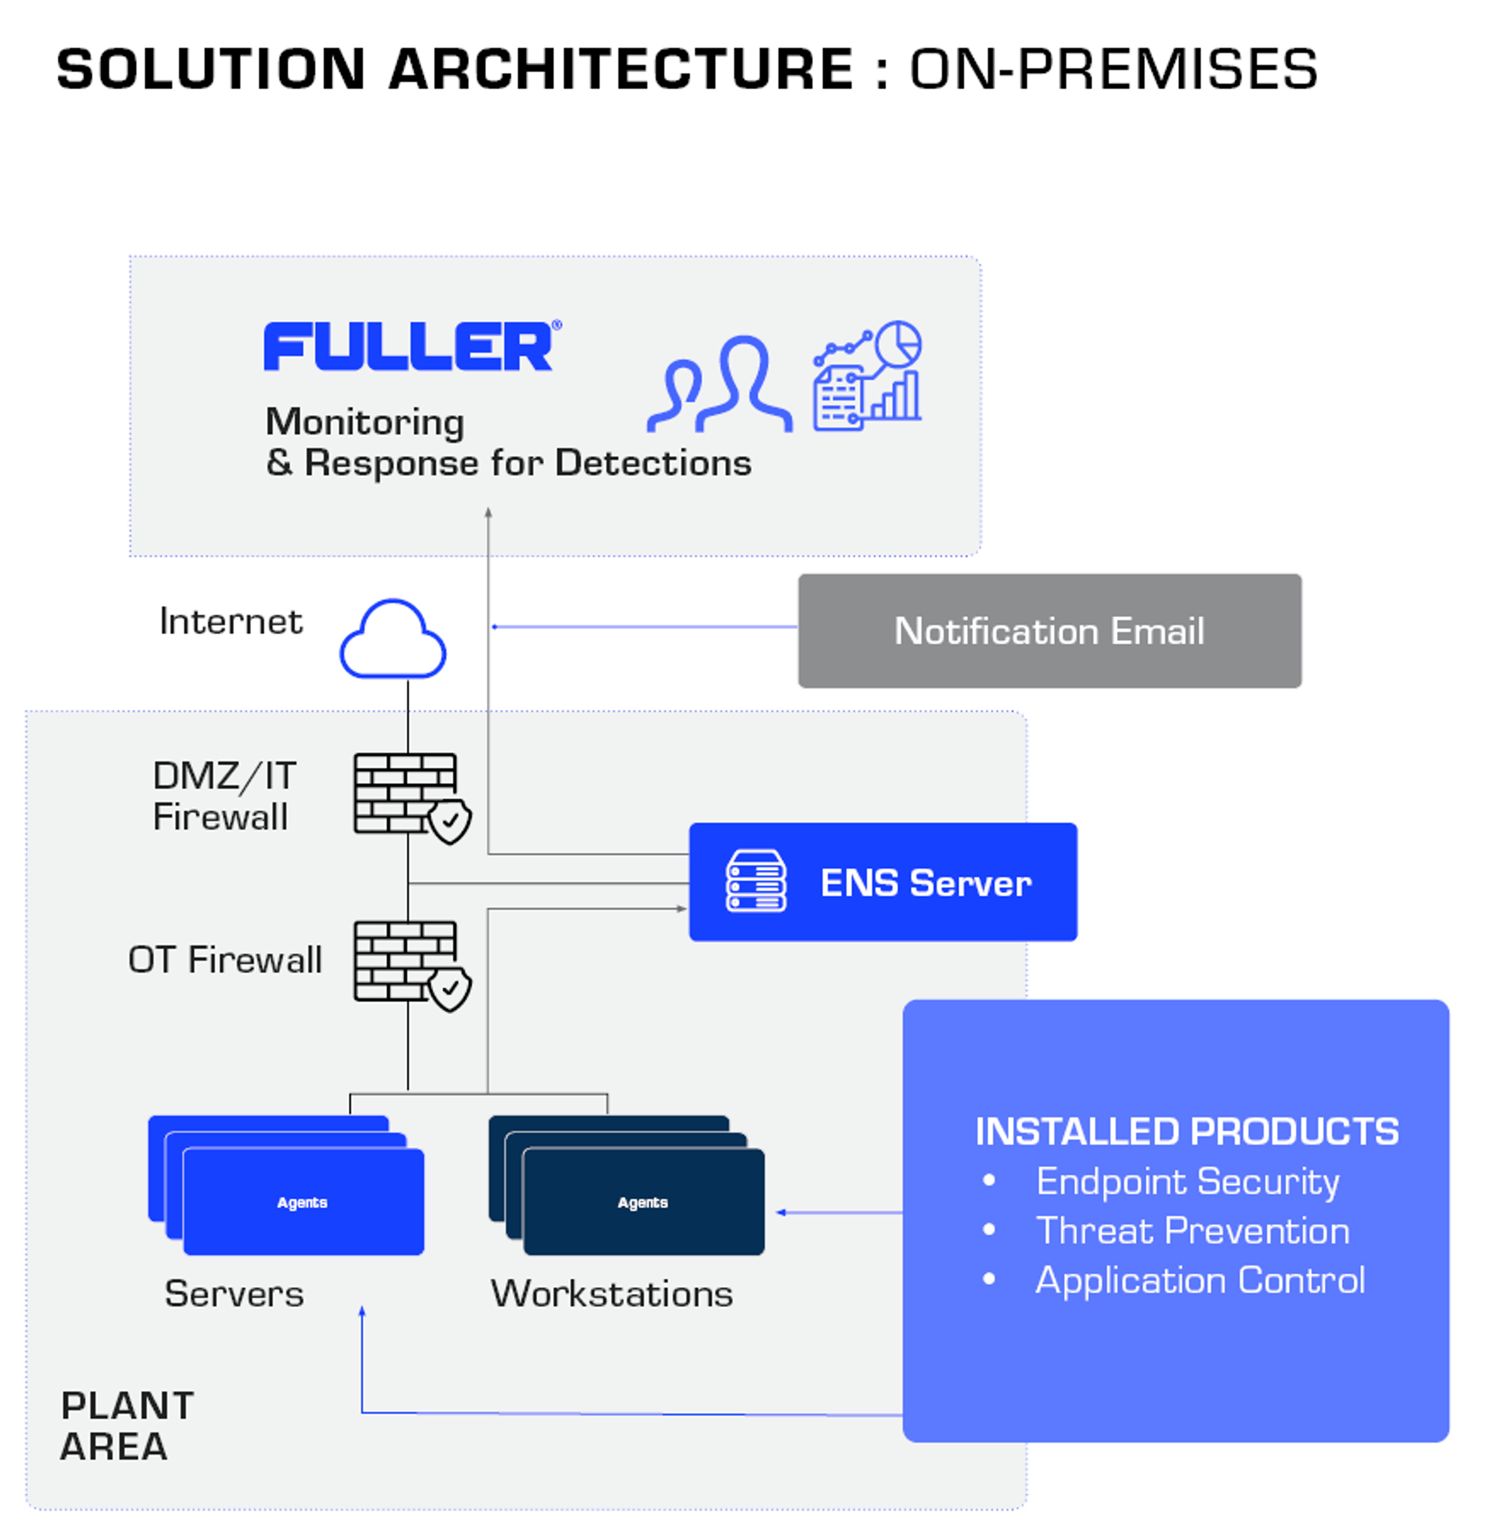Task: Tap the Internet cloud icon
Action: point(393,640)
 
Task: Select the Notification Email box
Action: point(1049,631)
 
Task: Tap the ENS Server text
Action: point(925,882)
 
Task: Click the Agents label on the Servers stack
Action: point(302,1202)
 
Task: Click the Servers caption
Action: point(234,1294)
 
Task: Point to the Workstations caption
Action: point(611,1294)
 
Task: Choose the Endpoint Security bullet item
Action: point(1187,1182)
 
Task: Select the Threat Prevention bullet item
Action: point(1192,1231)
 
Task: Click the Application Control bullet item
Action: point(1199,1279)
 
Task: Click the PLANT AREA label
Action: point(126,1426)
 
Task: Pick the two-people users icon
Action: point(719,385)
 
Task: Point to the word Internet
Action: point(230,622)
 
